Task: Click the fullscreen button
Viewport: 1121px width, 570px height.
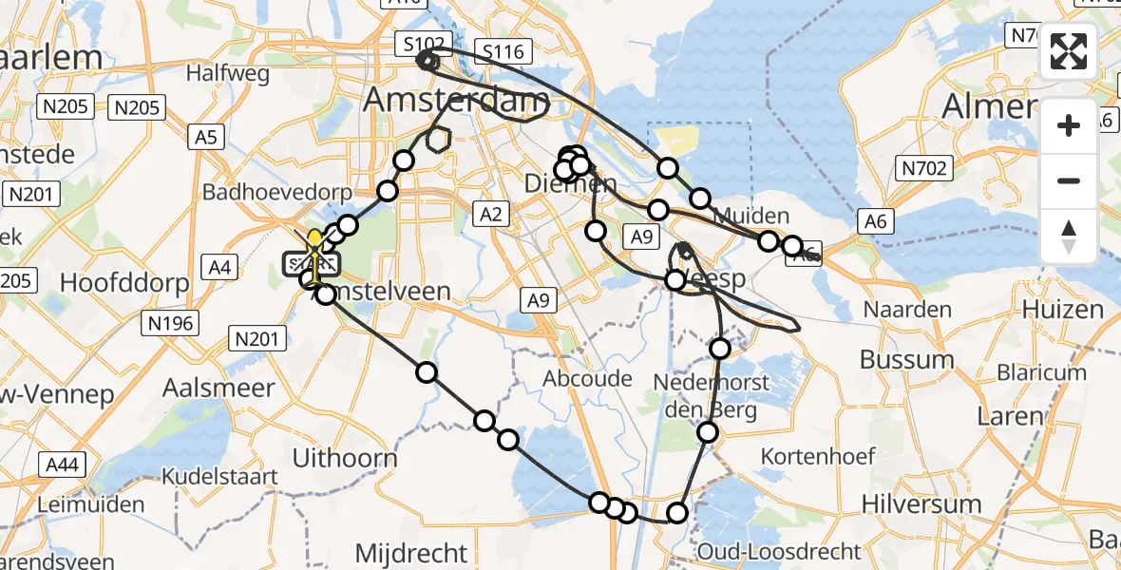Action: click(1069, 51)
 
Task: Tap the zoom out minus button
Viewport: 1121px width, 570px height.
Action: click(1069, 180)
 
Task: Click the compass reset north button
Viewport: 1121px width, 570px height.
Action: click(1069, 236)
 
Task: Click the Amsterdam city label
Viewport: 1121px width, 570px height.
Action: click(457, 99)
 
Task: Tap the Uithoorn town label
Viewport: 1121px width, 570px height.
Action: click(345, 458)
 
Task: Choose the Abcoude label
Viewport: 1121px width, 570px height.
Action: click(588, 378)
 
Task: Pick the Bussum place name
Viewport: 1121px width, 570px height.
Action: click(907, 360)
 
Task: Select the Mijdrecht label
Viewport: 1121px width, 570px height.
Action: click(412, 552)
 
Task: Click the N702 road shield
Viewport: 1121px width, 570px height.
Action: click(924, 169)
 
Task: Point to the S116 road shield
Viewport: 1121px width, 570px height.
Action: click(503, 51)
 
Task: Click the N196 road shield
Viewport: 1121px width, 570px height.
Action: click(171, 324)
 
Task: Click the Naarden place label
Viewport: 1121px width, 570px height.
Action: click(907, 310)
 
